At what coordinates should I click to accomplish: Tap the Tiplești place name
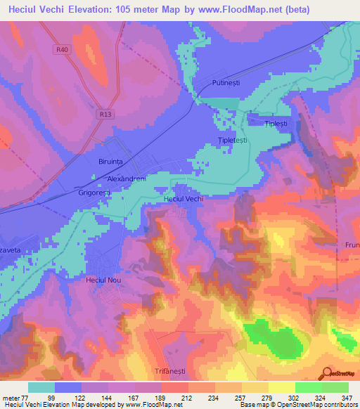[276, 124]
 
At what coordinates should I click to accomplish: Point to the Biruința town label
[106, 161]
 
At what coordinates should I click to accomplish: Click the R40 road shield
[62, 50]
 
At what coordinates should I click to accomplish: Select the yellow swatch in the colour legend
[281, 387]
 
